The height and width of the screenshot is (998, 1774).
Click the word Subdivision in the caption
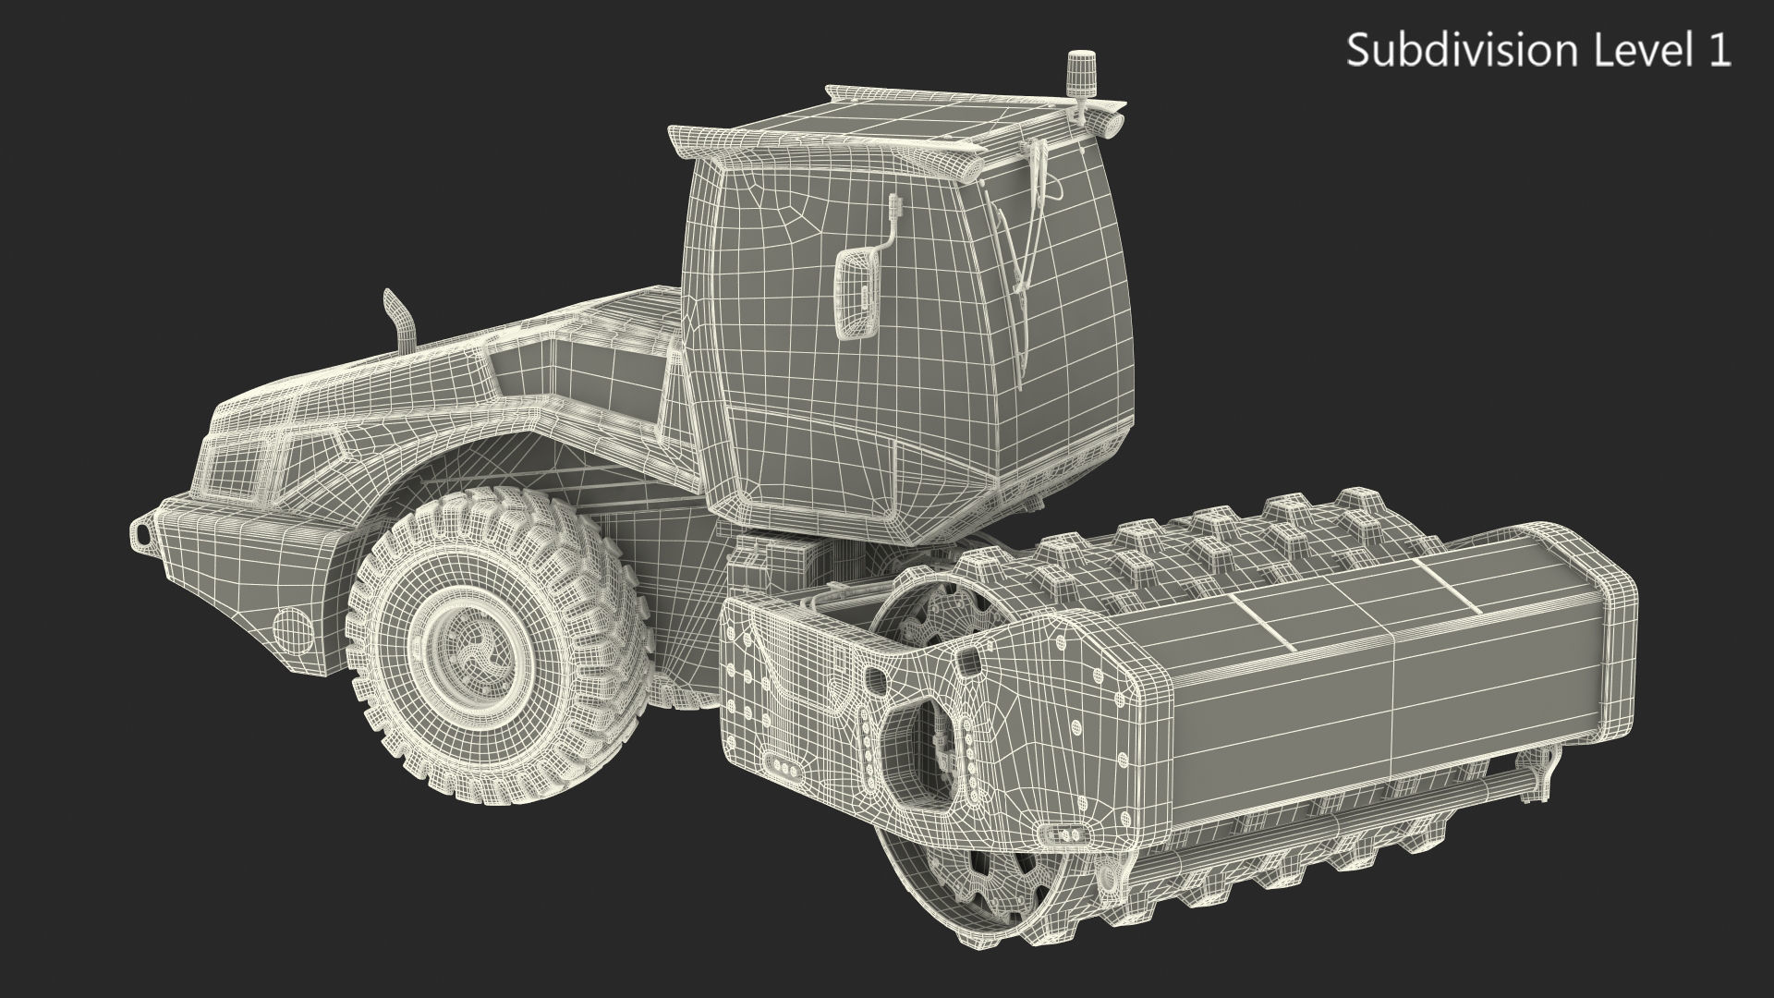[x=1466, y=50]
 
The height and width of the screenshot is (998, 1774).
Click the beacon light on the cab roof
[x=1076, y=71]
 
